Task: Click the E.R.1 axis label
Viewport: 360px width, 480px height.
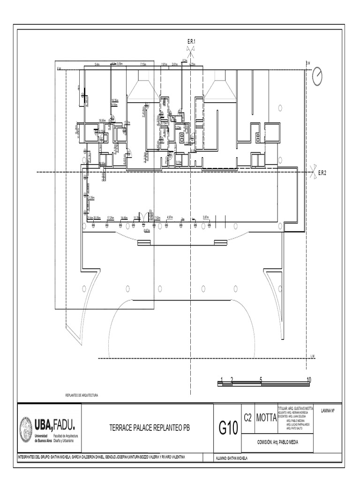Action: tap(191, 42)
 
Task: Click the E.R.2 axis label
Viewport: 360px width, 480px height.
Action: tap(322, 173)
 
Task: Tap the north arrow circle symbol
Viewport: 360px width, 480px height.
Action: tap(318, 76)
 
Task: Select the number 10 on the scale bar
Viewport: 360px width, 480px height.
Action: tap(308, 379)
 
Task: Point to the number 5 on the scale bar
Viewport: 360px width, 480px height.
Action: tap(261, 379)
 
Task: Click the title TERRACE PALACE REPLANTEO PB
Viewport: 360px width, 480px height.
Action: tap(150, 428)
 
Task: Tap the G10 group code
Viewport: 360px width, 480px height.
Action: tap(228, 428)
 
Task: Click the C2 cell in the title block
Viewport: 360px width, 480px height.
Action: tap(248, 417)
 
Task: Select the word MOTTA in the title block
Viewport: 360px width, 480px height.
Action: tap(266, 417)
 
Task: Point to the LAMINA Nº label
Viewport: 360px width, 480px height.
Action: tap(330, 410)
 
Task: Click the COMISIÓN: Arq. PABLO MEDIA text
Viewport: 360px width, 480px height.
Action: tap(277, 442)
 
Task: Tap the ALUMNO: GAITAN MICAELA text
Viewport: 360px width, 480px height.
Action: tap(231, 457)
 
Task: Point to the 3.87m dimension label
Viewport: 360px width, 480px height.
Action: tap(205, 217)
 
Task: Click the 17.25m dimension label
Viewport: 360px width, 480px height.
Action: tap(111, 217)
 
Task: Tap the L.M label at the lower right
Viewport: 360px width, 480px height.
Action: tap(313, 356)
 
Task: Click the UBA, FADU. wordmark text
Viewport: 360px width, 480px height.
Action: tap(54, 425)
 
